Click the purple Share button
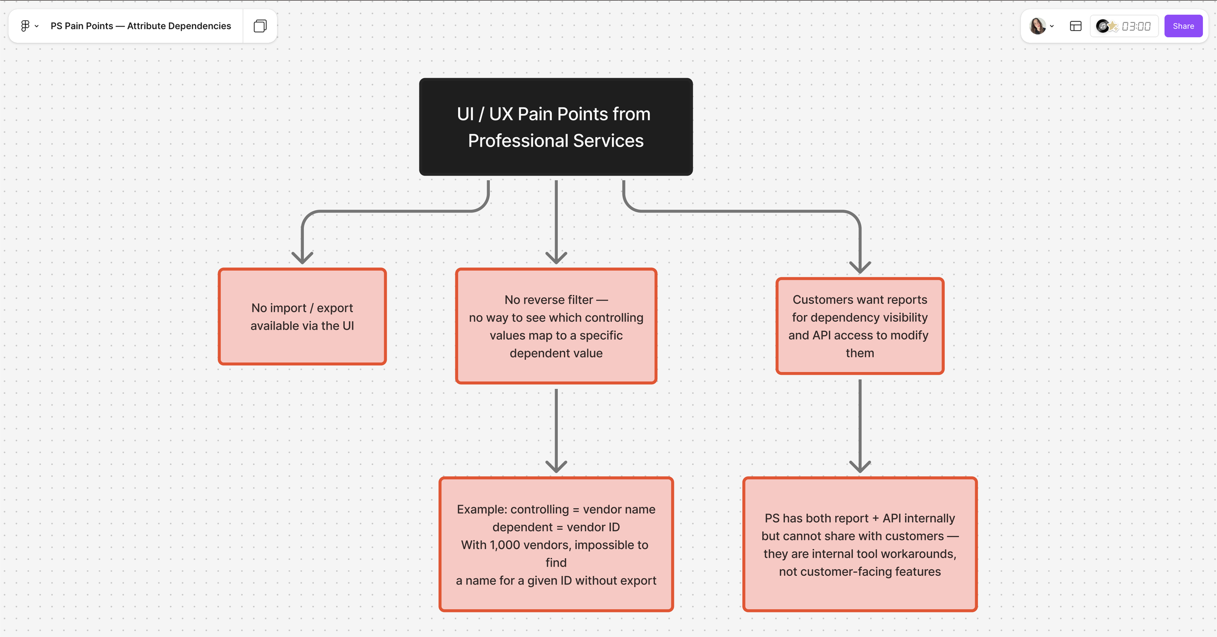[1183, 26]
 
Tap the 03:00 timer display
[1136, 26]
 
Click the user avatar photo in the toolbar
[1037, 26]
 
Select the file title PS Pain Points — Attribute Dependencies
[141, 26]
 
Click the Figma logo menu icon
[25, 26]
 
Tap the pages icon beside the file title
[260, 26]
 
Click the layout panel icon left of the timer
[1075, 26]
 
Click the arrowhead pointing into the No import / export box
[302, 257]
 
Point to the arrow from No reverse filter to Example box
[556, 428]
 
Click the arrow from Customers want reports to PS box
[860, 423]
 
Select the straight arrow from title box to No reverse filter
[556, 219]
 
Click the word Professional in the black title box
[518, 141]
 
